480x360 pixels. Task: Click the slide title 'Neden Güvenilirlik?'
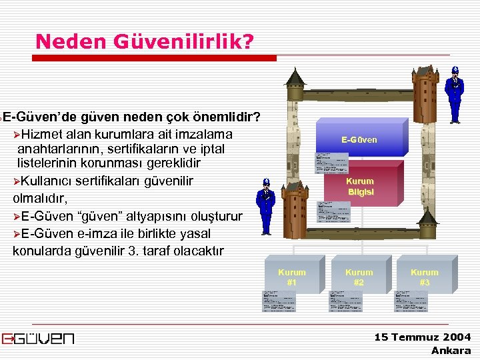[145, 41]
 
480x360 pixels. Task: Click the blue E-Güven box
[360, 139]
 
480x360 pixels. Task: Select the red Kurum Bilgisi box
[360, 187]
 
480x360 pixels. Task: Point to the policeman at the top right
[455, 95]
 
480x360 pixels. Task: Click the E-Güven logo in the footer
[38, 339]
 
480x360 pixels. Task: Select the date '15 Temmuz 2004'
[423, 337]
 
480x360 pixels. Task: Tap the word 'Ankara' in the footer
[451, 351]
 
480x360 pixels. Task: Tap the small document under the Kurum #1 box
[280, 301]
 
